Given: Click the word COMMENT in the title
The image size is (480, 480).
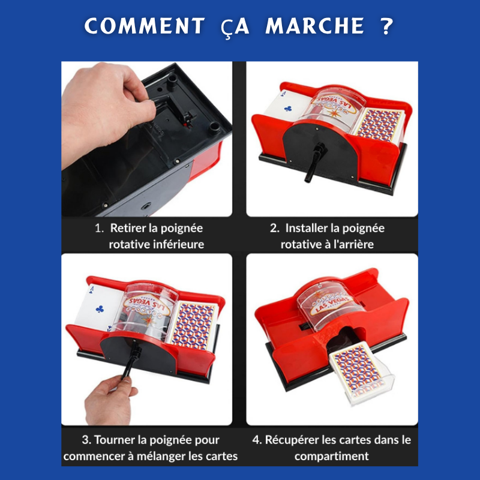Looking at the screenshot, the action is (145, 25).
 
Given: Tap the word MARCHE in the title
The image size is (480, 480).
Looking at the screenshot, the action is (315, 25).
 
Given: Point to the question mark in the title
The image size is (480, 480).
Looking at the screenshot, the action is (386, 25).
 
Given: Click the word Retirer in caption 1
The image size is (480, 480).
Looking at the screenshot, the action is (127, 228).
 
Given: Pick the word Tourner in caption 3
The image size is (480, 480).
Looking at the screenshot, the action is (114, 440).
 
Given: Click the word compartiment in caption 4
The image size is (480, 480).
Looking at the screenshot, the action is (332, 456).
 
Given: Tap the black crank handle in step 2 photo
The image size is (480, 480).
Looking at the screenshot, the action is (314, 162).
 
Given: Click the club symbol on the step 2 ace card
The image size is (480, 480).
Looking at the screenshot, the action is (288, 108).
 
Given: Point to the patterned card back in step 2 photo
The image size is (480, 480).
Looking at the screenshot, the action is (379, 125).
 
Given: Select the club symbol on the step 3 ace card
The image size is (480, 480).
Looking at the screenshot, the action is (100, 309).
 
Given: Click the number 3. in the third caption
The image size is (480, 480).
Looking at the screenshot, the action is (86, 440).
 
